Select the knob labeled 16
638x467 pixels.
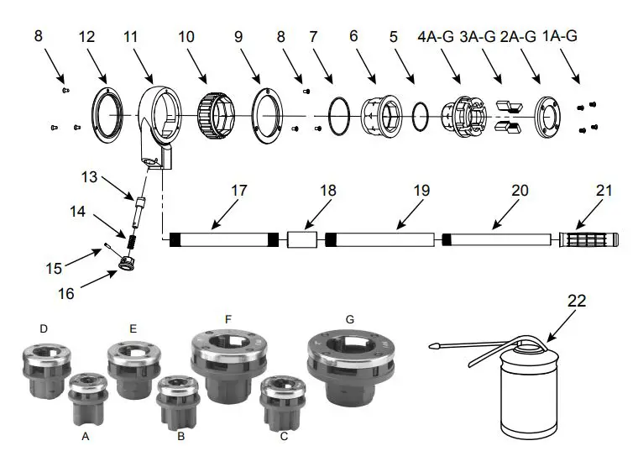127,265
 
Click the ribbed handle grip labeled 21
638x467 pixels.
591,240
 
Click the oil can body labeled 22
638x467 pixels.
528,395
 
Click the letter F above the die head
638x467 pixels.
227,319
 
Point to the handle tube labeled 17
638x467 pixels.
218,240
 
